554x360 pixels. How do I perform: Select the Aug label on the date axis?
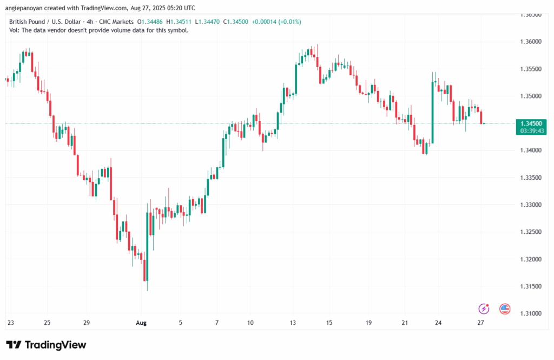point(141,323)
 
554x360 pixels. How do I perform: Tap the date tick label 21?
point(405,323)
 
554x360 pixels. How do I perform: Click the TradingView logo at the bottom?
point(46,345)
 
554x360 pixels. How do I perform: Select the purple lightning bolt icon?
point(484,309)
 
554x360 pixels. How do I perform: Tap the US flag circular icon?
point(505,309)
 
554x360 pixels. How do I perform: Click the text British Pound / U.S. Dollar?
point(43,22)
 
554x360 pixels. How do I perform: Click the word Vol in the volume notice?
point(14,30)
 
